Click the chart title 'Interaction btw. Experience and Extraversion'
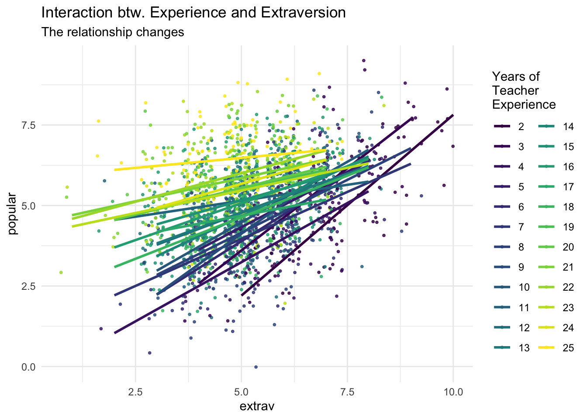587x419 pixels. coord(193,13)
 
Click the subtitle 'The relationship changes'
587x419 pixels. coord(113,32)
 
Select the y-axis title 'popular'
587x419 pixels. coord(13,213)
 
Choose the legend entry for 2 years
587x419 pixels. coord(510,127)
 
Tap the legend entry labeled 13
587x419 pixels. coord(510,348)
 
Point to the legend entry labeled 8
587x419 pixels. coord(510,247)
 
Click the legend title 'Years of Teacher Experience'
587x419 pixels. coord(524,91)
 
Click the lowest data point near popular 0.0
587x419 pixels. coord(256,367)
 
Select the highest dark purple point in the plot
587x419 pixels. coord(363,61)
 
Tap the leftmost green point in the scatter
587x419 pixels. coord(61,272)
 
